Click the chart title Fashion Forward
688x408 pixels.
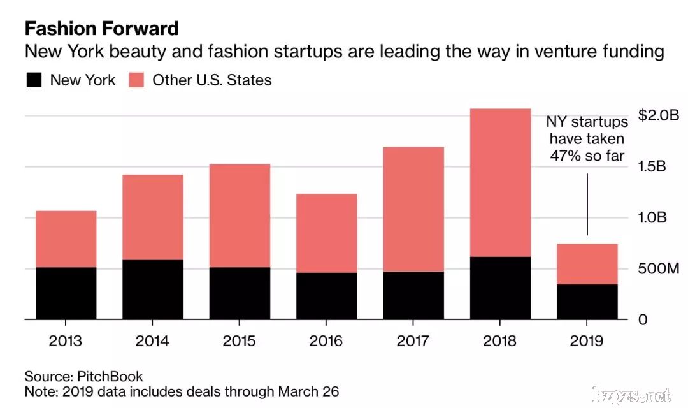[x=102, y=29]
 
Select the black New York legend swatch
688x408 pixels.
[x=34, y=80]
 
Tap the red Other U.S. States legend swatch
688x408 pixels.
[x=136, y=80]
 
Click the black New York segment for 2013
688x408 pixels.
[x=66, y=293]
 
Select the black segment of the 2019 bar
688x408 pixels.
[x=587, y=302]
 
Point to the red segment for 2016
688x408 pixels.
[x=326, y=233]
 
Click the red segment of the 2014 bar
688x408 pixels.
[x=152, y=217]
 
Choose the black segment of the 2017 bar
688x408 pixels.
[x=413, y=295]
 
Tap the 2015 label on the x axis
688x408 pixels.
[x=240, y=341]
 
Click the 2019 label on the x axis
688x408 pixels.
[x=587, y=341]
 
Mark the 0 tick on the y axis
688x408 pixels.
[x=643, y=319]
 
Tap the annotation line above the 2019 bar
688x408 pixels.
[x=587, y=204]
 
